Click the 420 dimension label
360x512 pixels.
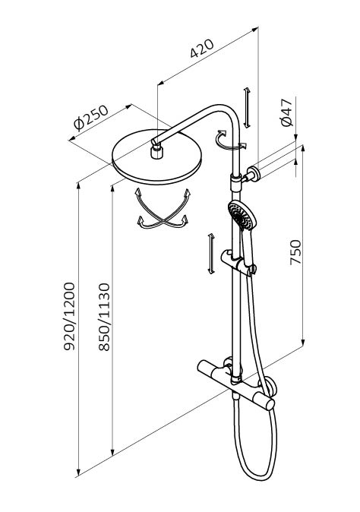click(202, 49)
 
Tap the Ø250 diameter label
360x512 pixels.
click(90, 117)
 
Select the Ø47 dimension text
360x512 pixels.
click(287, 112)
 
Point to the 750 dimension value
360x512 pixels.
click(295, 252)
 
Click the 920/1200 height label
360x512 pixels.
click(69, 317)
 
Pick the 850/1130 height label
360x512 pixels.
click(105, 317)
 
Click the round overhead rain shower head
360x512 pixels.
click(156, 157)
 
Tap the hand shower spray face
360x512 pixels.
click(241, 215)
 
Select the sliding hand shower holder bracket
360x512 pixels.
click(238, 263)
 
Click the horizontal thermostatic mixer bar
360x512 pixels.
click(237, 384)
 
